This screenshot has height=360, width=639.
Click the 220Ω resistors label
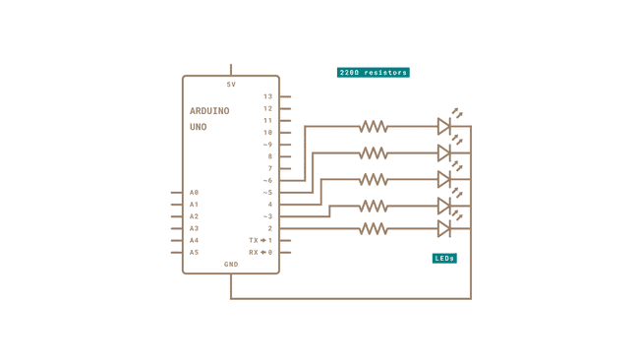[373, 73]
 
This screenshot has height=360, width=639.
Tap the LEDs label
[444, 259]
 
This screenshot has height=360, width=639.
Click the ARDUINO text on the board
[209, 111]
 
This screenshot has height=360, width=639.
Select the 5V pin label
[231, 85]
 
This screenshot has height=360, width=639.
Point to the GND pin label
[231, 265]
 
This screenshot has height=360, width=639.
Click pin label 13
[267, 97]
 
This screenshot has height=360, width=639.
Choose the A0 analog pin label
[195, 193]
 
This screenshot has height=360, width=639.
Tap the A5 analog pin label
[195, 253]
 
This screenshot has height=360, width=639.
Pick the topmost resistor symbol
[373, 127]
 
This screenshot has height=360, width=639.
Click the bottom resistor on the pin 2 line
[373, 228]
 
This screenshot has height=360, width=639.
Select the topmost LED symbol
[444, 126]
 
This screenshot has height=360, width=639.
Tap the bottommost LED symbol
[444, 228]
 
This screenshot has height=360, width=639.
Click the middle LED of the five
[444, 180]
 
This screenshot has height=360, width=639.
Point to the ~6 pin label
[267, 181]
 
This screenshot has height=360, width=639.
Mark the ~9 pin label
[267, 145]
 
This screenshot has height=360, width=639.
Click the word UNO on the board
[198, 128]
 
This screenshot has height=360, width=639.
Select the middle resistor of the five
[373, 180]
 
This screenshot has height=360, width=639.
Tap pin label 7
[269, 169]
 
